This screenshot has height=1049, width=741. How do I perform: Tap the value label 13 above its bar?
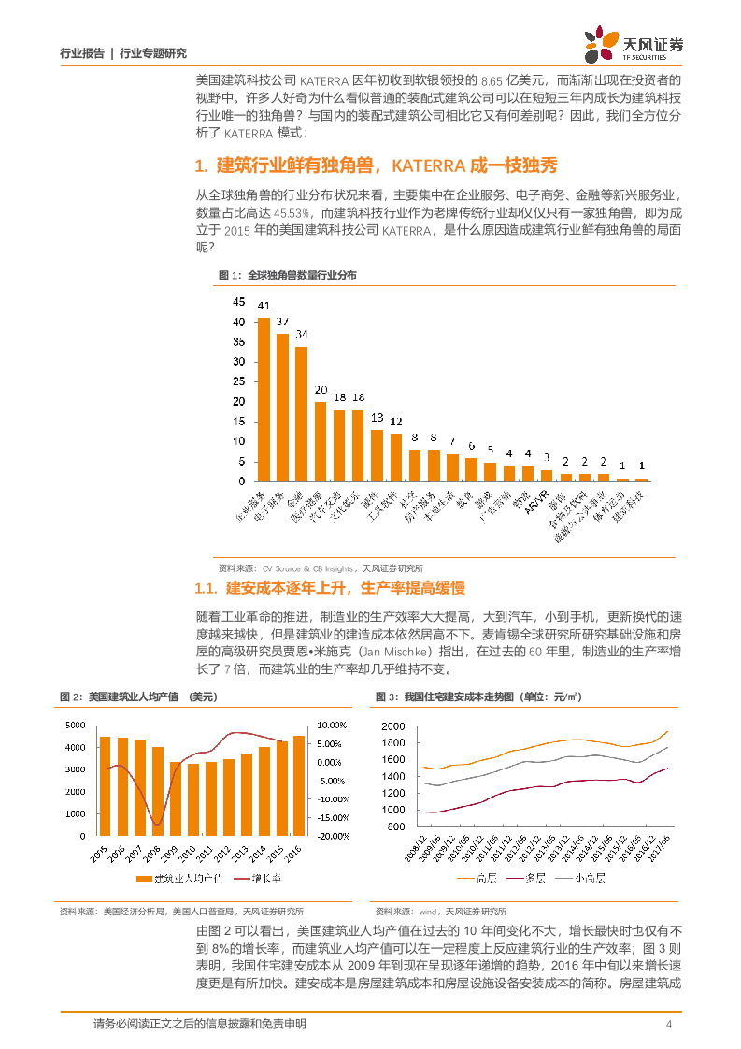point(378,417)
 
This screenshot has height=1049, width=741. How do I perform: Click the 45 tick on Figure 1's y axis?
point(238,302)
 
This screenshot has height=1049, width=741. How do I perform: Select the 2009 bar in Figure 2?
point(176,798)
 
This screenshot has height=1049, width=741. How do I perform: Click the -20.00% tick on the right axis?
point(333,837)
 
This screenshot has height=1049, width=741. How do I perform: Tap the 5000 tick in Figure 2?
point(76,726)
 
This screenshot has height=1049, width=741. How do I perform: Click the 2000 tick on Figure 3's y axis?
point(392,726)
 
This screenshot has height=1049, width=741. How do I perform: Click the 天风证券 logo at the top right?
point(634,44)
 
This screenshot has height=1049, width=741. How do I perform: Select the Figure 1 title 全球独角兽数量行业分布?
point(303,275)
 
